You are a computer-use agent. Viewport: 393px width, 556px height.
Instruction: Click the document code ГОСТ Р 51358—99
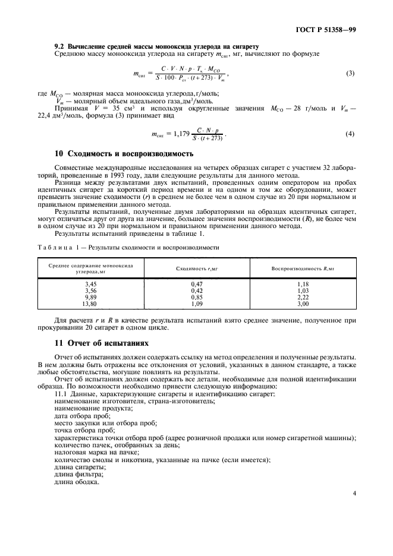click(326, 29)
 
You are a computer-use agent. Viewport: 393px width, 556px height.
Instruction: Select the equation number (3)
click(350, 74)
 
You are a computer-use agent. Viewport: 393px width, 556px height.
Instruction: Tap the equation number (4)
click(350, 134)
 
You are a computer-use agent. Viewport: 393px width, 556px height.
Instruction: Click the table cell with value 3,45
click(91, 285)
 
